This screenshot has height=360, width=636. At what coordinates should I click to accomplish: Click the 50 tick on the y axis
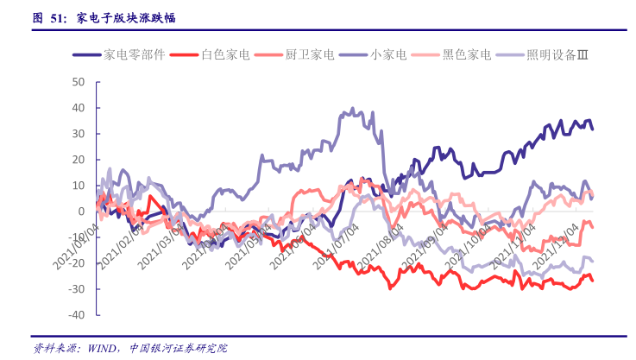pyautogui.click(x=79, y=82)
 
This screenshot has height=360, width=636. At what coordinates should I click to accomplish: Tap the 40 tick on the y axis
pyautogui.click(x=79, y=108)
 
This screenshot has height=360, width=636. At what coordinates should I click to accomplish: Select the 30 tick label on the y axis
pyautogui.click(x=79, y=134)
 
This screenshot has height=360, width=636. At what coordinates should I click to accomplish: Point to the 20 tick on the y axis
pyautogui.click(x=79, y=160)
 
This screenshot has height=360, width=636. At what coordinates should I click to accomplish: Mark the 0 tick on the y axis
pyautogui.click(x=81, y=212)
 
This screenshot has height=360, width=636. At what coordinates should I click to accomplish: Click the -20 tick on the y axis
pyautogui.click(x=77, y=263)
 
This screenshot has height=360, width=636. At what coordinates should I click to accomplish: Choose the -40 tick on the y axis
pyautogui.click(x=77, y=315)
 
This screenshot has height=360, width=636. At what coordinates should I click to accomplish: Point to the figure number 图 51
pyautogui.click(x=49, y=17)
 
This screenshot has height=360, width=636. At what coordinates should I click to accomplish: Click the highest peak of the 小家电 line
pyautogui.click(x=353, y=110)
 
